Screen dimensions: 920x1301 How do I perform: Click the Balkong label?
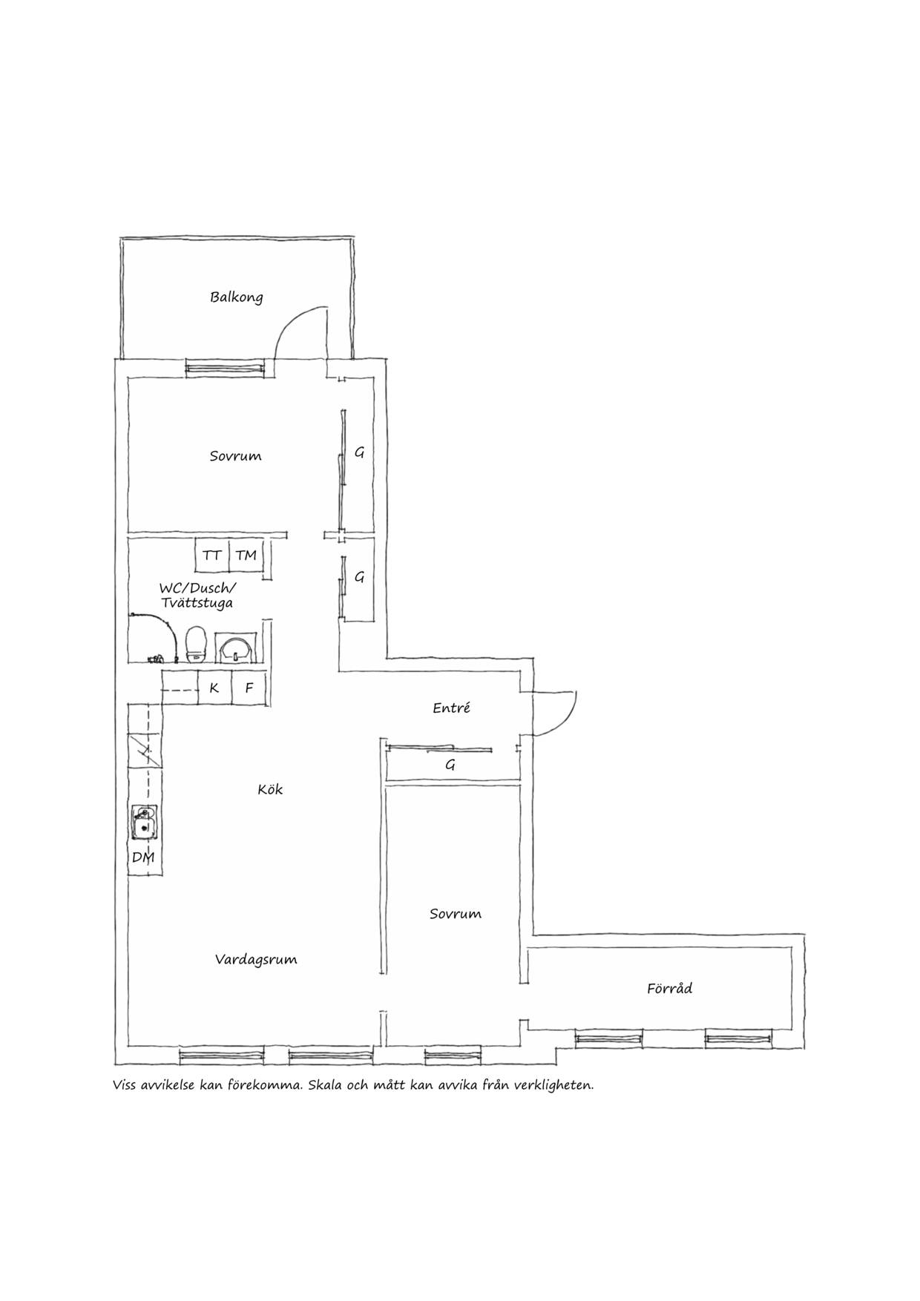coord(236,297)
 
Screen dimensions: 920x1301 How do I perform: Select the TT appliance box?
coord(212,556)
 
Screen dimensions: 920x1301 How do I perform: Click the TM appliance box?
coord(246,556)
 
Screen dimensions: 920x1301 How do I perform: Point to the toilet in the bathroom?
coord(195,644)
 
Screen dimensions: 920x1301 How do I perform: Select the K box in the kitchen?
coord(214,688)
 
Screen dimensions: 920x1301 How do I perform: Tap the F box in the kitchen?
coord(249,688)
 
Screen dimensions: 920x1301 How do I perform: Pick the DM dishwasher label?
coord(142,858)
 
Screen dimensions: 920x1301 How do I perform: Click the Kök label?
coord(270,790)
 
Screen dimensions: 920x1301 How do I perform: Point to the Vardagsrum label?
coord(256,960)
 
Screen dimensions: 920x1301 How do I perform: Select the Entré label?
coord(451,708)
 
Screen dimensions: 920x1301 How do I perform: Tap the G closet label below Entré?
coord(450,765)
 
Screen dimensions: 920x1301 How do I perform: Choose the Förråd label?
coord(669,988)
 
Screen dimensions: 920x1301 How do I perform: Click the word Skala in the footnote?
coord(323,1086)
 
